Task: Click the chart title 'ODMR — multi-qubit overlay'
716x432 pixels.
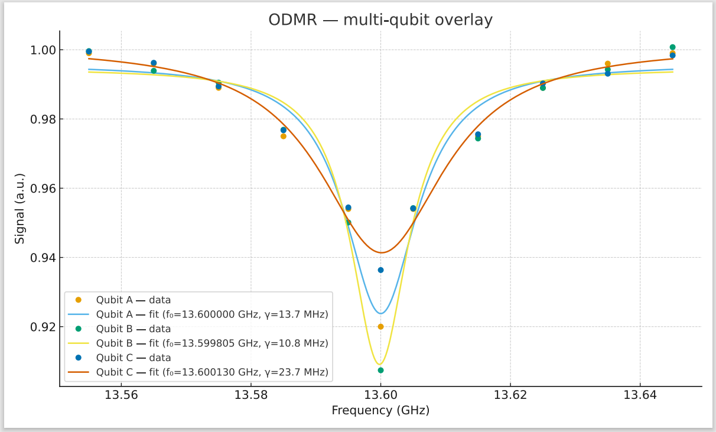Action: pos(380,20)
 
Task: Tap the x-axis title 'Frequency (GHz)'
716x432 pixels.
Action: pos(380,410)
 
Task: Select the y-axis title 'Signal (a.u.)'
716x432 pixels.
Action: pos(20,209)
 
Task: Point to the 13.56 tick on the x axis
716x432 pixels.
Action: pos(121,395)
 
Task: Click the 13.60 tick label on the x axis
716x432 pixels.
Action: pos(380,395)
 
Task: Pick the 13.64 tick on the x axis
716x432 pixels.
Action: pos(640,395)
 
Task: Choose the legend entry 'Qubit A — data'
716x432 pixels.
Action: pos(134,300)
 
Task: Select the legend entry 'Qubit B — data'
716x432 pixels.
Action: pos(134,329)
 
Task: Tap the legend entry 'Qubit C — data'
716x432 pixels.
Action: pos(134,358)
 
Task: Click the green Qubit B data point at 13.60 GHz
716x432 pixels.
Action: pos(380,371)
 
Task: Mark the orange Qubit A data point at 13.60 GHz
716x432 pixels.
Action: pos(380,327)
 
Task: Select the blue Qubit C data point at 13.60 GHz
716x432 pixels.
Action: pos(380,270)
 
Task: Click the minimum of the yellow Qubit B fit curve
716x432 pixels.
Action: pos(380,364)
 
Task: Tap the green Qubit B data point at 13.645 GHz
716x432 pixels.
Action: pos(672,47)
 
